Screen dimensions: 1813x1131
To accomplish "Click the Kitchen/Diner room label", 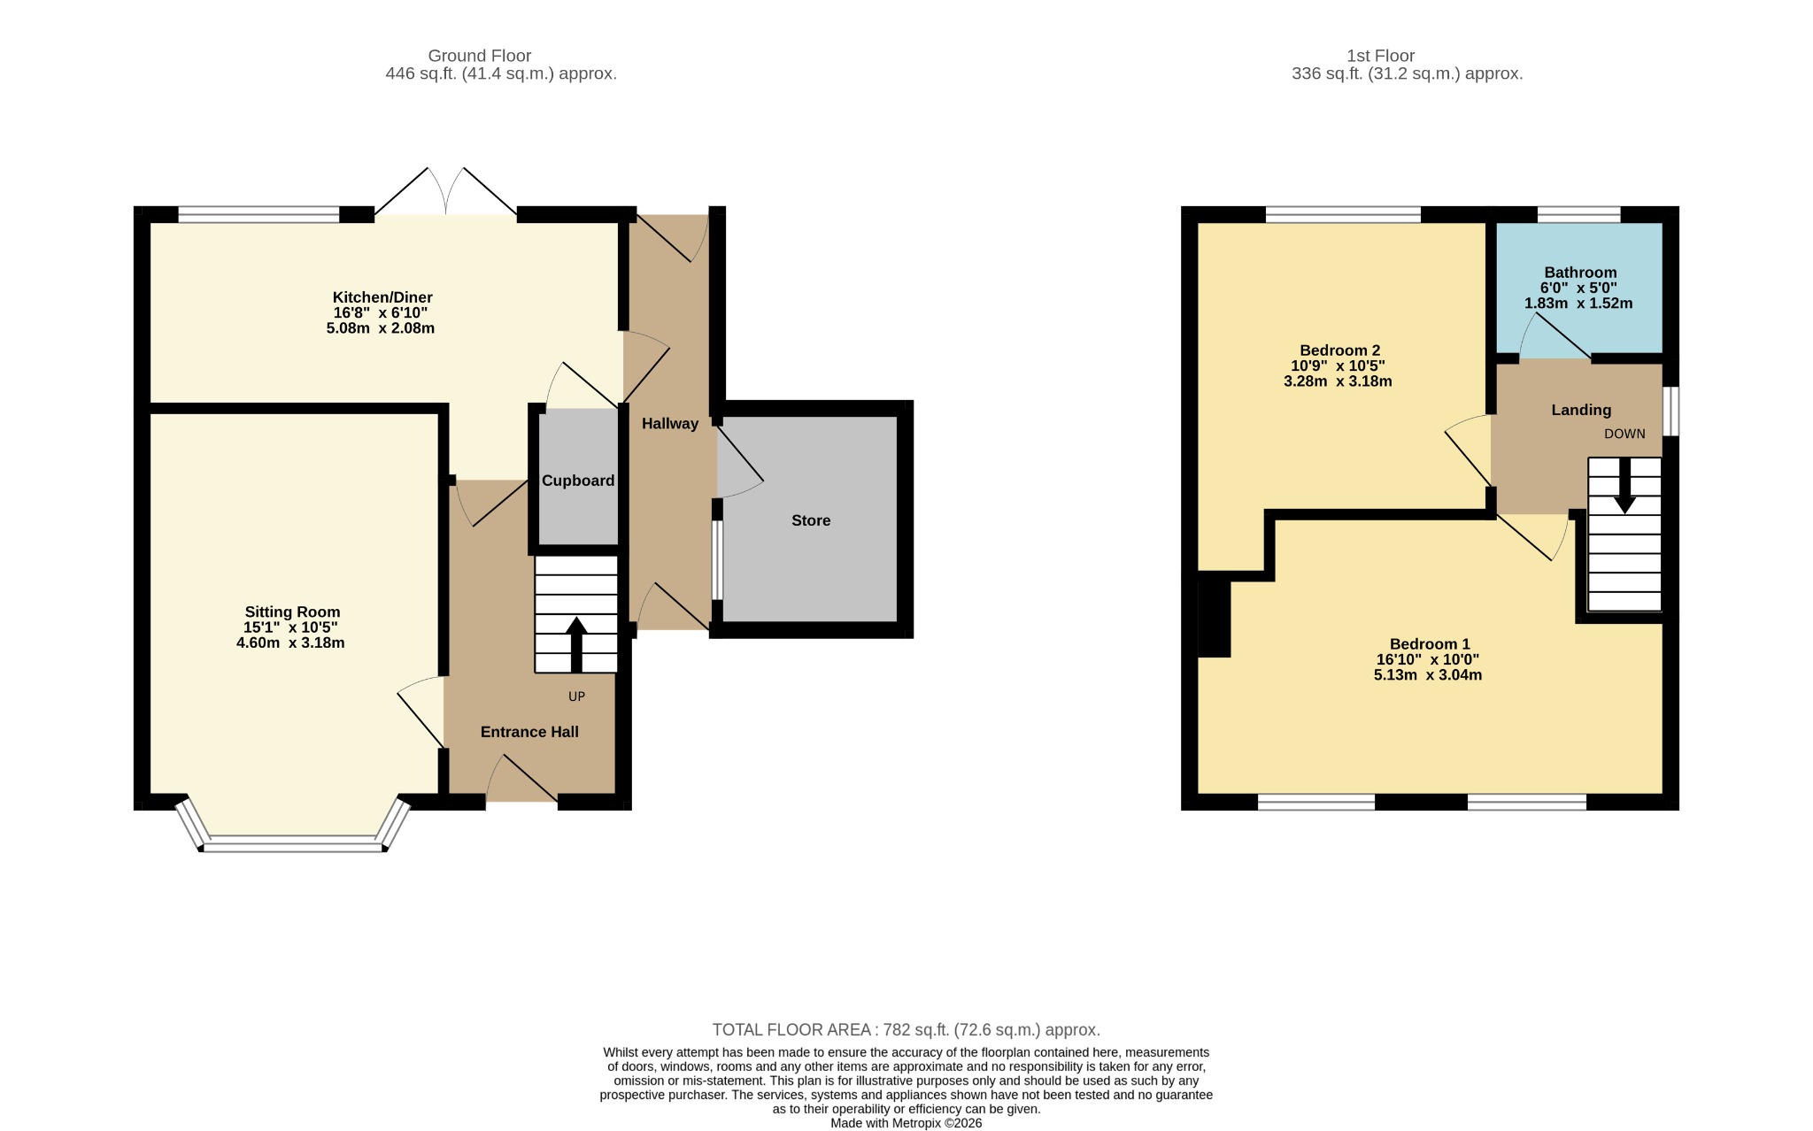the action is pos(382,297).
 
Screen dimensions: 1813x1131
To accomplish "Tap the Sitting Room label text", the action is pos(292,612).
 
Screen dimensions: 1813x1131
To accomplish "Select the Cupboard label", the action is pos(578,481).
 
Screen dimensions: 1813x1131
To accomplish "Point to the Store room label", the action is pos(811,520).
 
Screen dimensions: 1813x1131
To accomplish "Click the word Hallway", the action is pos(670,424).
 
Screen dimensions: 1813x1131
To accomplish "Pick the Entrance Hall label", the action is pos(529,732).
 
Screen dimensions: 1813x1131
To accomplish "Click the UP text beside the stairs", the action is pos(576,696).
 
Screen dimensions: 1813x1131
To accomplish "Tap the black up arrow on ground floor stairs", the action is pos(576,644).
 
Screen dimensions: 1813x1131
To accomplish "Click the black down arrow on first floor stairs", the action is pos(1624,486).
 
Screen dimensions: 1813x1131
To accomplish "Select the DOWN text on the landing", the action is pos(1624,434).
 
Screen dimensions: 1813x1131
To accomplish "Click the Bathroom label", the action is pos(1580,273).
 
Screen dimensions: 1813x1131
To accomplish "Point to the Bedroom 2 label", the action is pos(1339,350).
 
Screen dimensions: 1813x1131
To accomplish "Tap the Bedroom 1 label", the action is pos(1429,644).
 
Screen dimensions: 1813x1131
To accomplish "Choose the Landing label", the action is pos(1581,410).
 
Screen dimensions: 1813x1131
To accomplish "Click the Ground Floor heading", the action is pos(479,56).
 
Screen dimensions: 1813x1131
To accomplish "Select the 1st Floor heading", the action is pos(1381,56).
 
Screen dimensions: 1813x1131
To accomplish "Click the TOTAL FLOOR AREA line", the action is pos(906,1030).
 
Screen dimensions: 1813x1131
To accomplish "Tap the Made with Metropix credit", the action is pos(906,1123).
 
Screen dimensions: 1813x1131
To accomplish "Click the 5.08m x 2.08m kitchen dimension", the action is pos(381,328).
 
